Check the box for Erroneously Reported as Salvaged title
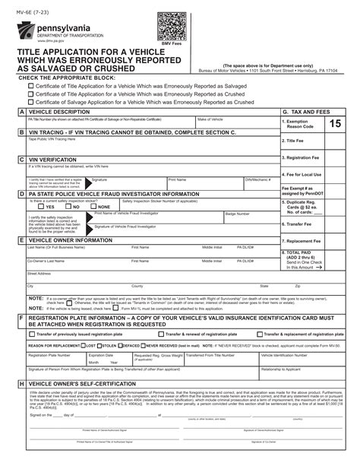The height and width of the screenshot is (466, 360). tap(30, 86)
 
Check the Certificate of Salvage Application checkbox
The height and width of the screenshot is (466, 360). tap(30, 101)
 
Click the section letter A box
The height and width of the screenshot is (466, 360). tap(22, 112)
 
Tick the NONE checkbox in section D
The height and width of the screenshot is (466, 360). tap(93, 206)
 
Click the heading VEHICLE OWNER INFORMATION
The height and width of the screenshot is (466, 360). tap(72, 240)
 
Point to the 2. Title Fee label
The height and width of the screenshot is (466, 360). tap(294, 141)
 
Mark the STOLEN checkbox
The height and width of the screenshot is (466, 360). tap(103, 344)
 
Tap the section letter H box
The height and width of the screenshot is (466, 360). tap(22, 384)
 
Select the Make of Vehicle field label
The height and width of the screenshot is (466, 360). tap(210, 119)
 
